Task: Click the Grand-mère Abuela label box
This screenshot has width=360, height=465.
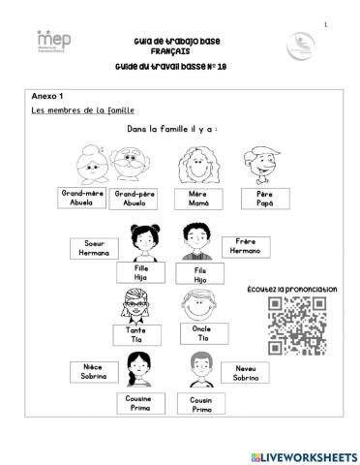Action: (x=82, y=198)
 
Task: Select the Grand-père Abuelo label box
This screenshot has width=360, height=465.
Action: (x=135, y=199)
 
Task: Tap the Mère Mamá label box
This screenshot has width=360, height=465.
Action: (x=197, y=199)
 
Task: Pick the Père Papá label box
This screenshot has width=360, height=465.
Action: (x=265, y=199)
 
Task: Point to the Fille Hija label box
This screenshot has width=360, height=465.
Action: (x=139, y=273)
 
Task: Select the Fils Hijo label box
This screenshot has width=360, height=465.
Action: (x=200, y=274)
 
